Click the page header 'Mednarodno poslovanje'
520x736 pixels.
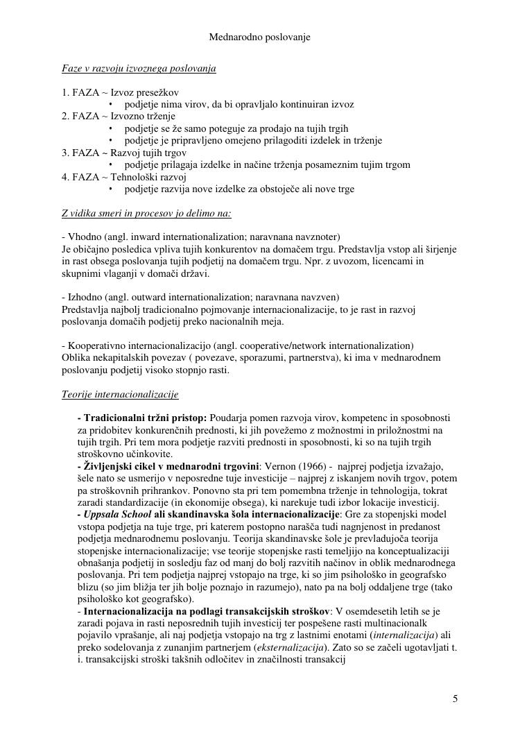259,37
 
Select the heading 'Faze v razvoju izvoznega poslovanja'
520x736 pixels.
139,68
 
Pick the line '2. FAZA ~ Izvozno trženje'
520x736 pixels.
119,116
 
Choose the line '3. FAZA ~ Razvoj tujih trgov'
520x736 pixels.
124,153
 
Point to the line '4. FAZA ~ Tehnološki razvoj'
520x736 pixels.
124,177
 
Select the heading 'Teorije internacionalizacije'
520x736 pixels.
120,394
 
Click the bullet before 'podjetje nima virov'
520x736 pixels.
112,105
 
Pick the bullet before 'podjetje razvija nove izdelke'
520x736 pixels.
112,189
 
